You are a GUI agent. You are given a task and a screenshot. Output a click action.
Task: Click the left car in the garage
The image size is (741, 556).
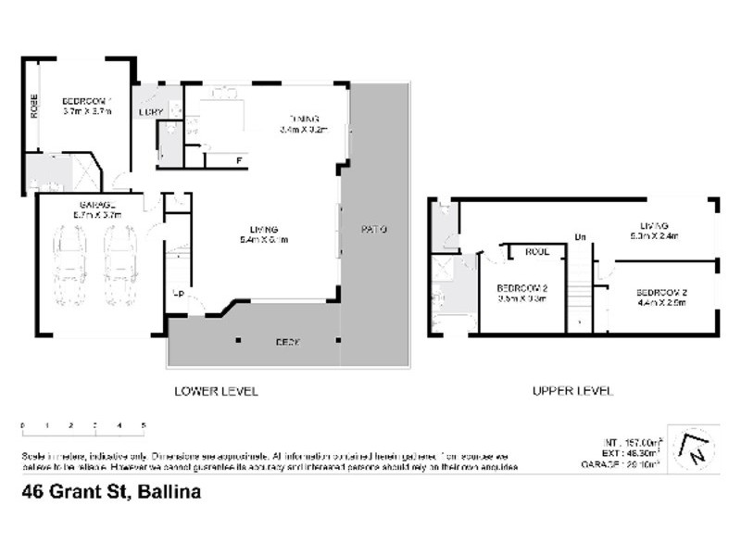(71, 268)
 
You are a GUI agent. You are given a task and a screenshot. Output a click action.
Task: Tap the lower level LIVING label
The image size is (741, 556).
(264, 229)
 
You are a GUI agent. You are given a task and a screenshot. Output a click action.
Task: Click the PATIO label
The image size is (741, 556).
(374, 229)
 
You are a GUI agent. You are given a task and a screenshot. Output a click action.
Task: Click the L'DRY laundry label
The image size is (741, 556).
(150, 112)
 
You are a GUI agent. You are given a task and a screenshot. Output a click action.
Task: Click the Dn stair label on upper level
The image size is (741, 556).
(581, 238)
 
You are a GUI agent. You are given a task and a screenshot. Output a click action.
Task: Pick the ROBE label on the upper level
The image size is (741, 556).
(537, 251)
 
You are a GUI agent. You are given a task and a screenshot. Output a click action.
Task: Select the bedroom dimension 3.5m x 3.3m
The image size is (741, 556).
(522, 298)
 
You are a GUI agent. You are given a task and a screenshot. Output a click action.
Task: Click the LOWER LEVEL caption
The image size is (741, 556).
(216, 391)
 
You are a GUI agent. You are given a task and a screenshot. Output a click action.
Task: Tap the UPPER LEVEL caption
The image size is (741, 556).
(572, 391)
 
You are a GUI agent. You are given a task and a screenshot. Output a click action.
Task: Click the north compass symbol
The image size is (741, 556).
(695, 449)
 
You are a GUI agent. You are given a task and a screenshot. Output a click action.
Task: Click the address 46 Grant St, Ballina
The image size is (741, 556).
(111, 494)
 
